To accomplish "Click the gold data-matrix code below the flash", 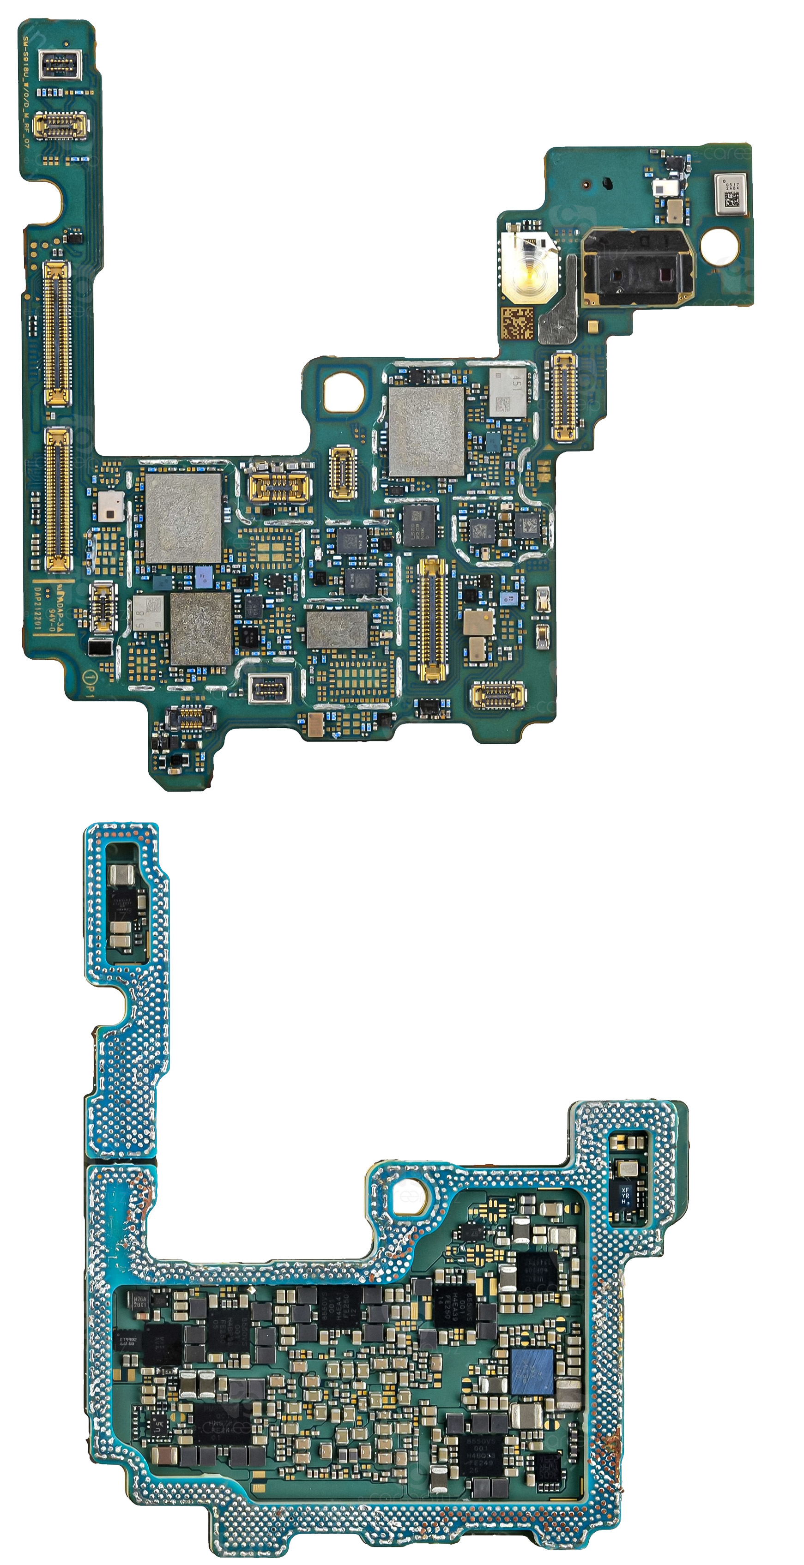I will (x=517, y=324).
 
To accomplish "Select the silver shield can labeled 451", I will (x=508, y=392).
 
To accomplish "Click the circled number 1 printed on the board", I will (x=89, y=677).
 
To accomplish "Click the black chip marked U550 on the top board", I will (x=419, y=524).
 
